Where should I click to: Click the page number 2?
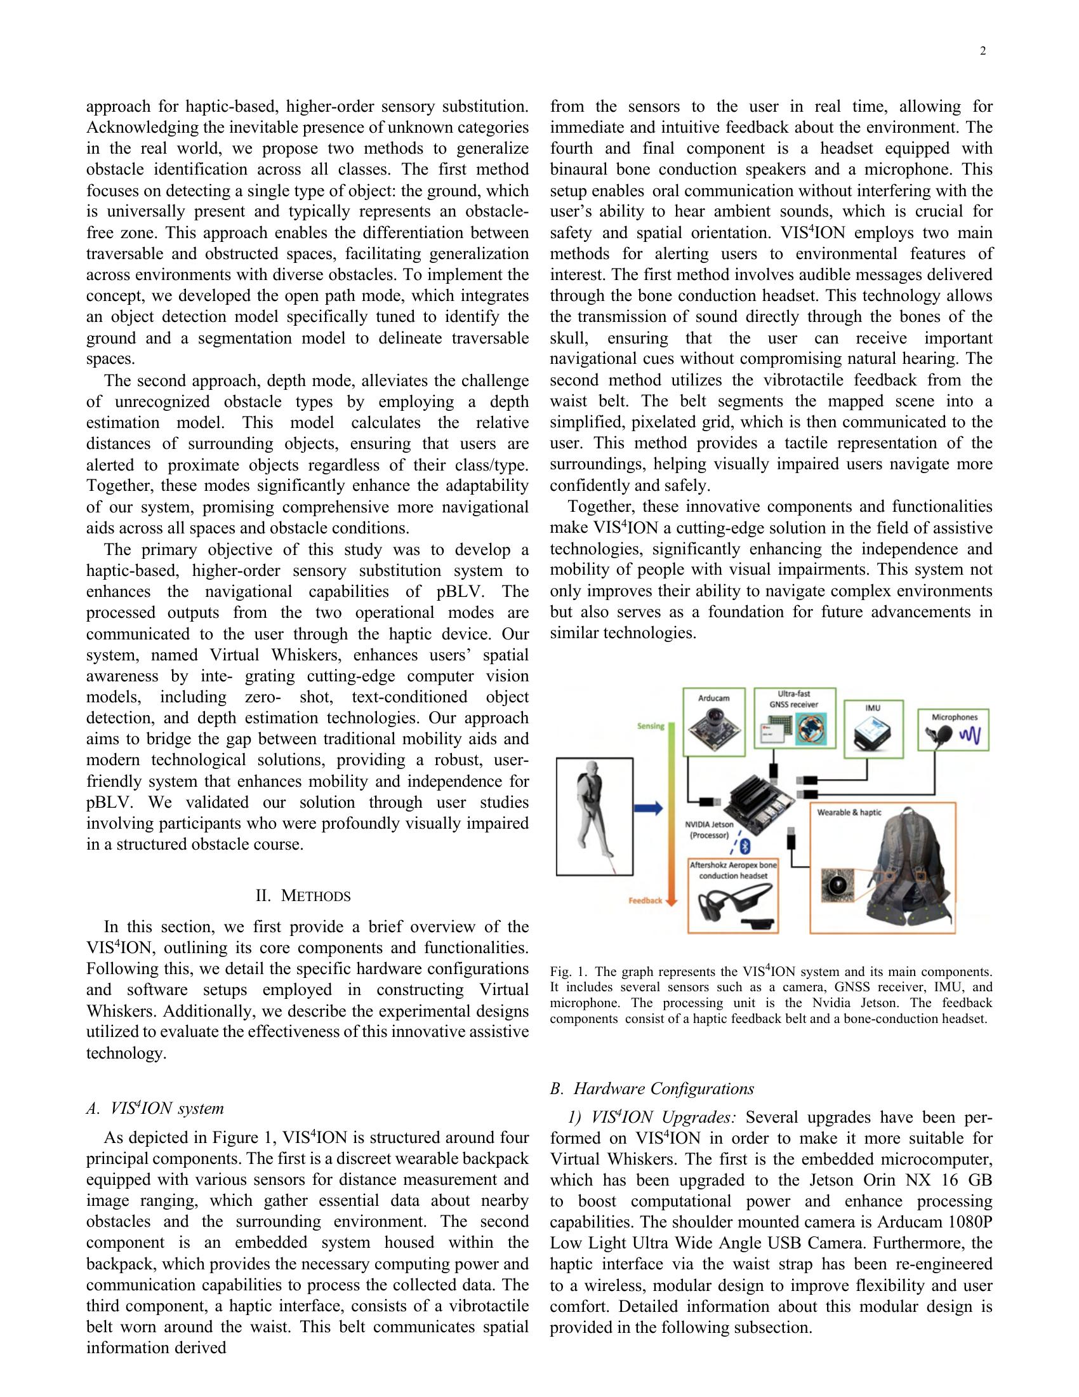983,52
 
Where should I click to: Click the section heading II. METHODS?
303,895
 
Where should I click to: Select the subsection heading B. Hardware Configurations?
652,1088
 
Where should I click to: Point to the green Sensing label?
650,726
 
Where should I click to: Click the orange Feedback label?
645,900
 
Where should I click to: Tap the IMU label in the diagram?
873,708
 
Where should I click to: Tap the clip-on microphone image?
941,737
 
